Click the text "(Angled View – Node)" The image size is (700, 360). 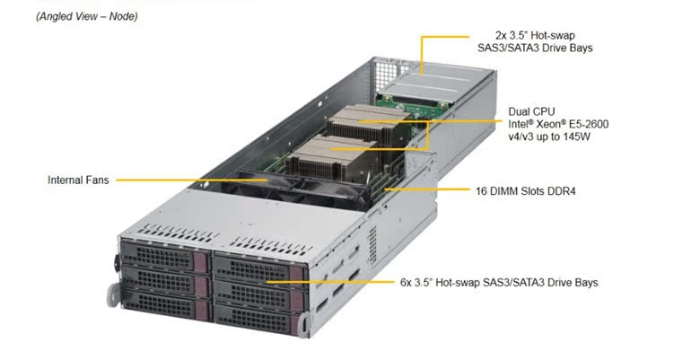pyautogui.click(x=87, y=17)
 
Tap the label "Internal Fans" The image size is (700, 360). pyautogui.click(x=78, y=180)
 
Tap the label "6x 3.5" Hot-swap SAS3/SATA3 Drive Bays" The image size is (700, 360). pyautogui.click(x=499, y=282)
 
